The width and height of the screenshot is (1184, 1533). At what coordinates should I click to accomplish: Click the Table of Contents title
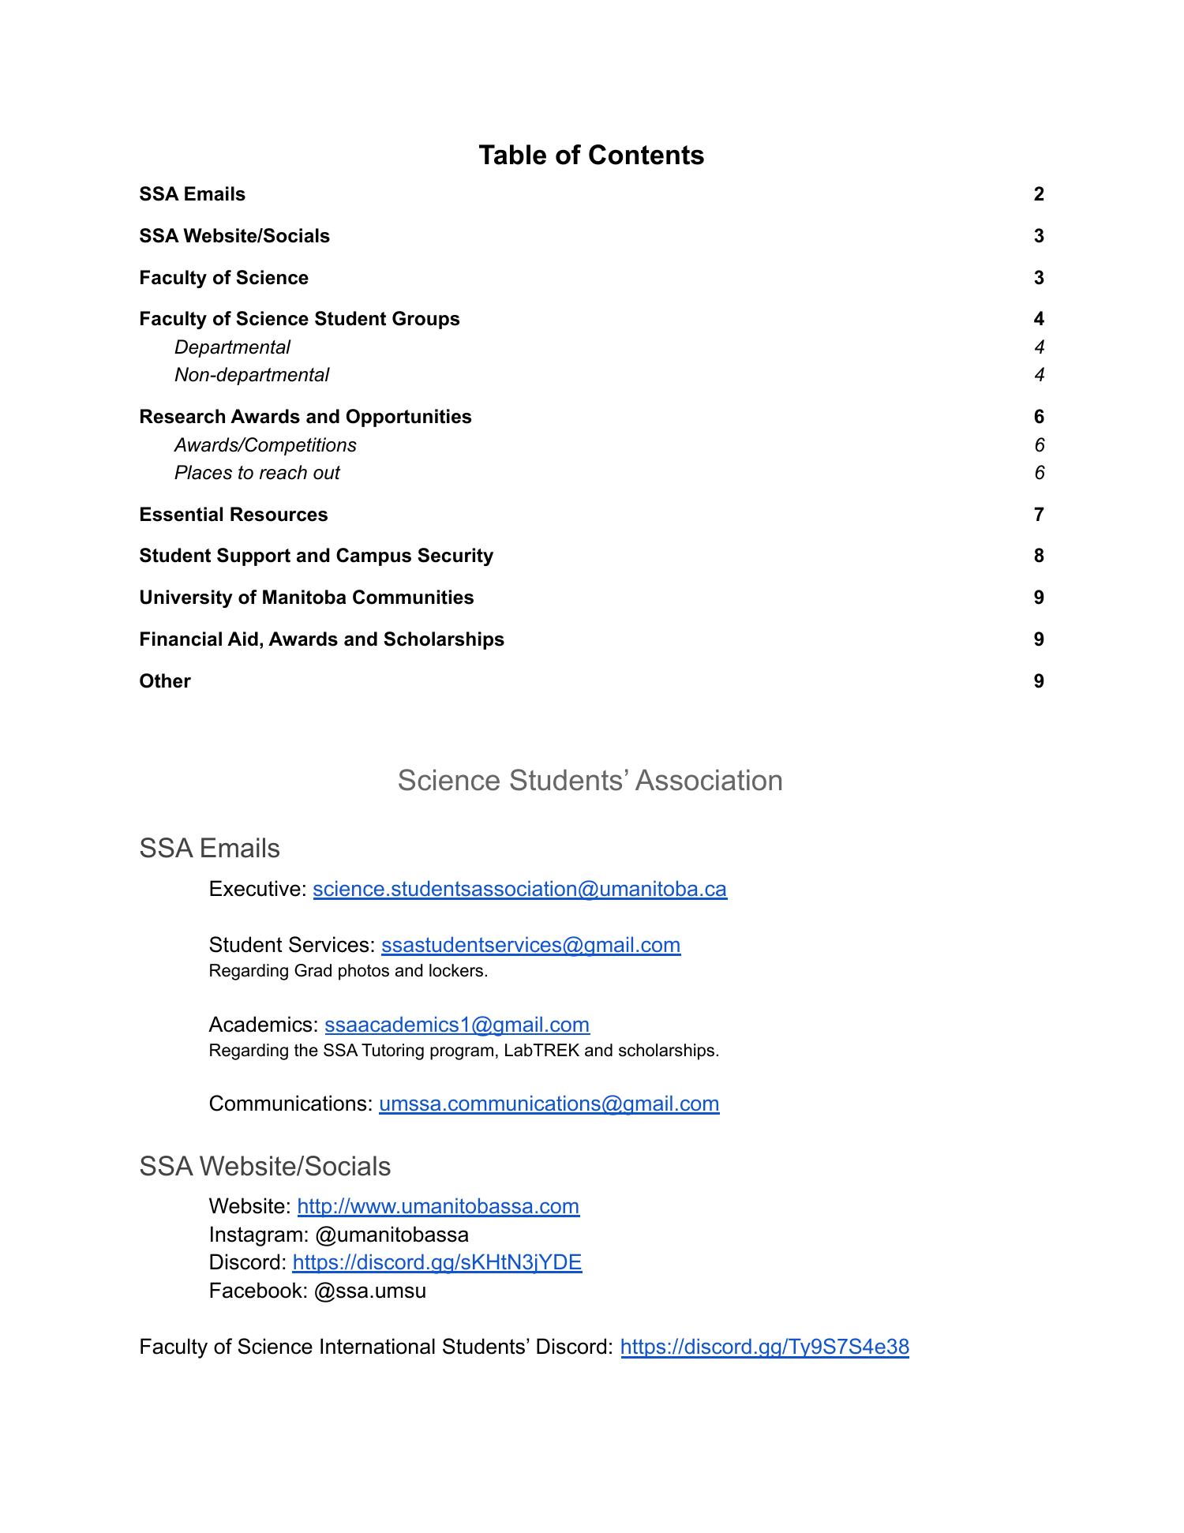coord(590,155)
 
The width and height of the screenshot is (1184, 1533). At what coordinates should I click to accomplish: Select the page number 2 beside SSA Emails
coord(1038,194)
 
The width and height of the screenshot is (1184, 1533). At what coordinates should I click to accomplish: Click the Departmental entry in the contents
coord(232,347)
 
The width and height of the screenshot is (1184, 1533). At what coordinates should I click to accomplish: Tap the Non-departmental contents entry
coord(251,375)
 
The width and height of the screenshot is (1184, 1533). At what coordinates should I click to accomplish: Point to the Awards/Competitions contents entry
coord(265,445)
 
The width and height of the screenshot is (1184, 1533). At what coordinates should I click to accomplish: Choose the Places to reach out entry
coord(257,473)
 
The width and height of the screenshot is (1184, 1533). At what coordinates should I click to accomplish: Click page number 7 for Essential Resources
coord(1038,515)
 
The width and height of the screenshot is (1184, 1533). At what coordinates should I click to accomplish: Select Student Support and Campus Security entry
coord(316,556)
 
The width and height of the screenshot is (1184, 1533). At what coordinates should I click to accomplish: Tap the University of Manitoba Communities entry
coord(306,598)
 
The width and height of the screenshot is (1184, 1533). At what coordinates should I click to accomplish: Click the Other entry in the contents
coord(165,681)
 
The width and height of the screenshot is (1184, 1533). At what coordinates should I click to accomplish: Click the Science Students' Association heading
coord(590,780)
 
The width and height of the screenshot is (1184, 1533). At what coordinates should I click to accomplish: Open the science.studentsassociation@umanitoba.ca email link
coord(519,889)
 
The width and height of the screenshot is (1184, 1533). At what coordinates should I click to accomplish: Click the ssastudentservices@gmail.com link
coord(530,945)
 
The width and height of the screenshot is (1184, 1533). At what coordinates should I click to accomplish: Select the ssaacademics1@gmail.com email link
coord(457,1025)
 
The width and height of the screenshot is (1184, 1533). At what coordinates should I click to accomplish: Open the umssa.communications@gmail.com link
coord(549,1104)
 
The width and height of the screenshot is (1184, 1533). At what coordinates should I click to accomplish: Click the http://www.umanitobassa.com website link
coord(438,1206)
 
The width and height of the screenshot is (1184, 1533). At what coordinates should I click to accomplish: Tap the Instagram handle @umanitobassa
coord(392,1235)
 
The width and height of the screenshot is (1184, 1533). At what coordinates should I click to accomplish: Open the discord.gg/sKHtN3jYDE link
coord(437,1262)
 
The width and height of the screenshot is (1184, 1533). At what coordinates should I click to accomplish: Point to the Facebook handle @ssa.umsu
coord(369,1291)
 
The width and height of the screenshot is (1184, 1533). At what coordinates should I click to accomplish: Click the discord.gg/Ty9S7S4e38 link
coord(764,1347)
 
